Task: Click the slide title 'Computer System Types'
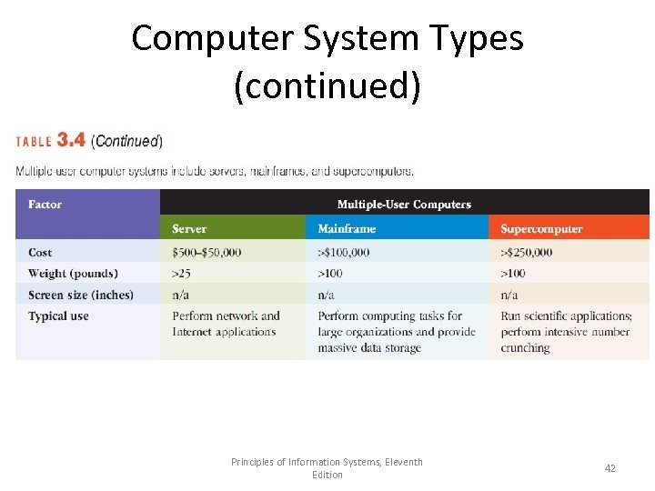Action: click(327, 38)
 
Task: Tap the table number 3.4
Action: click(71, 140)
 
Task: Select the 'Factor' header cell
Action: click(45, 205)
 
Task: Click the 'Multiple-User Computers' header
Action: click(404, 205)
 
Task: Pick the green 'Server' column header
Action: click(189, 229)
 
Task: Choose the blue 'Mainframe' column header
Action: click(347, 229)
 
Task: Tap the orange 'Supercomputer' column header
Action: click(541, 229)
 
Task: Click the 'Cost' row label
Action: click(40, 252)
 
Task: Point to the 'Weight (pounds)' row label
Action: click(73, 274)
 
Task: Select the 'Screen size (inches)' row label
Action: click(80, 295)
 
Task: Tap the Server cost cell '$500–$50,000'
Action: click(207, 252)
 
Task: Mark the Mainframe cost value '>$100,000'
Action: click(344, 252)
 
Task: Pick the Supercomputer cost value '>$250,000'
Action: click(527, 252)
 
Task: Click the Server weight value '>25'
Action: click(182, 274)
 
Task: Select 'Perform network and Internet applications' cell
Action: click(226, 324)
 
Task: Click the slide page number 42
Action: click(610, 468)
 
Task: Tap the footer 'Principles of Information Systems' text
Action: click(327, 463)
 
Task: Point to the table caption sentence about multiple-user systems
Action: click(215, 171)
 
